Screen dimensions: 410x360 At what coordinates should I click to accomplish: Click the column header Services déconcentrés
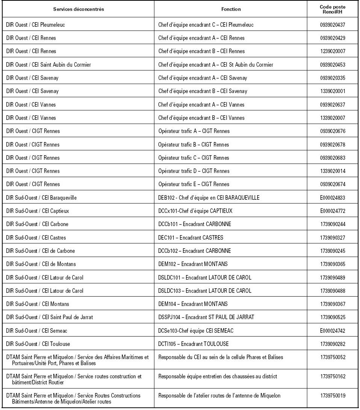[78, 9]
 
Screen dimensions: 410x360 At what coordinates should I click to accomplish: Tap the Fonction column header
[231, 9]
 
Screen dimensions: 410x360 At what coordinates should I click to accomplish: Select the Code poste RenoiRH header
[332, 9]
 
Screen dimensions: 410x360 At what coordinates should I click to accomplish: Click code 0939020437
[332, 25]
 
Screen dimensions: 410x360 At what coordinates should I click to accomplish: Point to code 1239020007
[332, 51]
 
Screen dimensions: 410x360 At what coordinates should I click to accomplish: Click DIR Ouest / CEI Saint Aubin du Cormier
[49, 65]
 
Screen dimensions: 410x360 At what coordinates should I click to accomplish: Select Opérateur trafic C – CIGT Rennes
[194, 158]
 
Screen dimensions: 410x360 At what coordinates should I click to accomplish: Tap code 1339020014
[332, 171]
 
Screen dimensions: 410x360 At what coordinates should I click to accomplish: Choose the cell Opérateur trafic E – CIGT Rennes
[194, 184]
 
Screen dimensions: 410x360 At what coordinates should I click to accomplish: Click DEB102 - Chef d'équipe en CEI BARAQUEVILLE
[209, 198]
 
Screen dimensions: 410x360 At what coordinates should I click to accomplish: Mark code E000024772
[332, 211]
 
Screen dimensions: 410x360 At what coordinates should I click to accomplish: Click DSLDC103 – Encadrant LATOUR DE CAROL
[204, 291]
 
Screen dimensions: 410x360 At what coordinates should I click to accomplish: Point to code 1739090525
[332, 317]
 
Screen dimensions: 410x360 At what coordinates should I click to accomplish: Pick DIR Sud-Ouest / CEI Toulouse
[38, 344]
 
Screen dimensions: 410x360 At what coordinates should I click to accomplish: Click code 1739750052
[332, 357]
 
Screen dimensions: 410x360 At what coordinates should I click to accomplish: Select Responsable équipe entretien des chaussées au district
[218, 376]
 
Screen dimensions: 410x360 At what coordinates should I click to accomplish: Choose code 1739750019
[332, 396]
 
